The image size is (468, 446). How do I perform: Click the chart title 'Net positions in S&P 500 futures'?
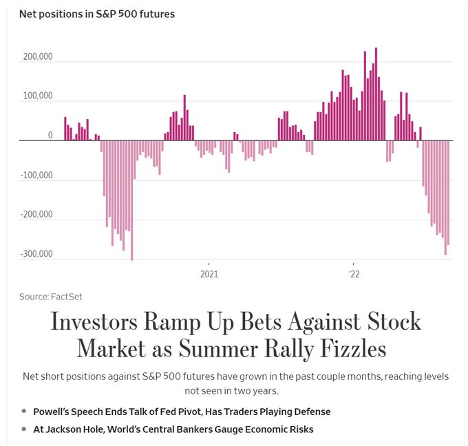pyautogui.click(x=97, y=14)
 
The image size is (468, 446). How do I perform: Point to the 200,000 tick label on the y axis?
pyautogui.click(x=38, y=57)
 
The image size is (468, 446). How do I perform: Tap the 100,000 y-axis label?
pyautogui.click(x=38, y=96)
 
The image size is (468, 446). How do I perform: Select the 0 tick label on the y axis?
pyautogui.click(x=50, y=136)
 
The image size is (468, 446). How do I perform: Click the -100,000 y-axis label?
pyautogui.click(x=36, y=175)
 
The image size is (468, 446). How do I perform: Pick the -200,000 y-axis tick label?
pyautogui.click(x=36, y=214)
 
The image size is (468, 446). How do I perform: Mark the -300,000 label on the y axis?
pyautogui.click(x=36, y=254)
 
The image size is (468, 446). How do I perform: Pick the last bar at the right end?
pyautogui.click(x=448, y=193)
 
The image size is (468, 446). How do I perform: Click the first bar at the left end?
pyautogui.click(x=65, y=129)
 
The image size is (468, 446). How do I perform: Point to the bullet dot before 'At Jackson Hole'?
pyautogui.click(x=24, y=429)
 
